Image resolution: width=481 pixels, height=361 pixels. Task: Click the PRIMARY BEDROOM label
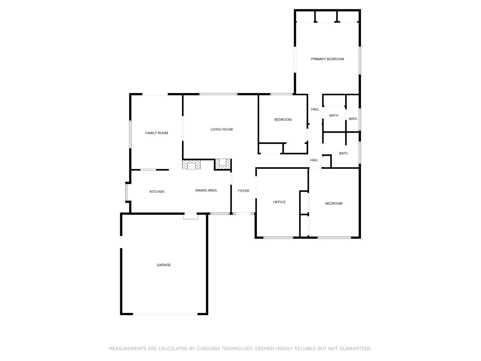[327, 59]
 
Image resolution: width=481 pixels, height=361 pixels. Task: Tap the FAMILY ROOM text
[157, 133]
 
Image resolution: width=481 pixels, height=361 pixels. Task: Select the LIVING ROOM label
[221, 129]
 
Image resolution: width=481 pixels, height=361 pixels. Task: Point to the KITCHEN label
[157, 192]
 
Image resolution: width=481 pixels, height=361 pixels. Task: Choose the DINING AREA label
[206, 191]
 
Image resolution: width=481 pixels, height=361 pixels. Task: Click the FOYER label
[243, 191]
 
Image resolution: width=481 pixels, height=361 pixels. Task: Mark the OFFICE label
[279, 202]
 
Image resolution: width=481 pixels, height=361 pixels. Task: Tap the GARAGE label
[164, 265]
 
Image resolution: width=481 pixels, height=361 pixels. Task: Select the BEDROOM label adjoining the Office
[334, 204]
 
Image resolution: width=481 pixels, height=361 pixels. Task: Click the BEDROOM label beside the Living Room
[283, 120]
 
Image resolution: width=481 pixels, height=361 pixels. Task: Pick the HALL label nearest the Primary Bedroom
[315, 109]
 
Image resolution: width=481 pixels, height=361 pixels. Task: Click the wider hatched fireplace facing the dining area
[191, 165]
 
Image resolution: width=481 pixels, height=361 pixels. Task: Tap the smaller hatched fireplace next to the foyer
[222, 163]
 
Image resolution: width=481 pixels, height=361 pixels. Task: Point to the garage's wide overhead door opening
[165, 314]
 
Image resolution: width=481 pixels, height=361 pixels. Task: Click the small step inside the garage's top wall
[191, 216]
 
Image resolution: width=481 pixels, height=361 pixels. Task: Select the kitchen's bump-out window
[127, 192]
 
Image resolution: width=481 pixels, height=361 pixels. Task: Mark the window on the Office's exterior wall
[278, 238]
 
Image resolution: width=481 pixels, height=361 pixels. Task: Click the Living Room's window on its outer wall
[218, 94]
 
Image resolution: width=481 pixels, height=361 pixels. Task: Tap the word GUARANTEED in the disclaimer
[355, 349]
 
